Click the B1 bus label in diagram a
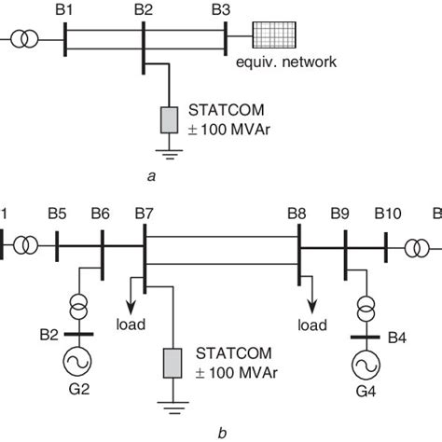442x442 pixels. [66, 10]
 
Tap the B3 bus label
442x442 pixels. [221, 10]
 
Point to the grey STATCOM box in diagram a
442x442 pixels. [169, 119]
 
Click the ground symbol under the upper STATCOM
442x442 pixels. [169, 157]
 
